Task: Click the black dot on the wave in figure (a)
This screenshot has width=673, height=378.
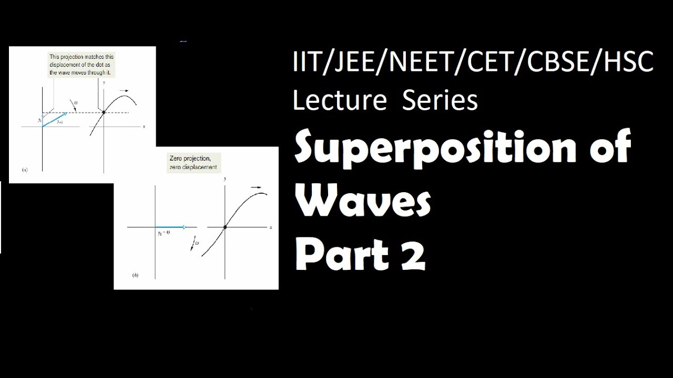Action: [104, 112]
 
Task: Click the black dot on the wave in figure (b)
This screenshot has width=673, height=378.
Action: [225, 227]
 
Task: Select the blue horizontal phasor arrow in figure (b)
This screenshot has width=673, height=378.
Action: [170, 227]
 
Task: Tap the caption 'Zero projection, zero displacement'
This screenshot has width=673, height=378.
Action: [193, 162]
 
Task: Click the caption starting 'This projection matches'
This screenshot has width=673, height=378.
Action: [81, 65]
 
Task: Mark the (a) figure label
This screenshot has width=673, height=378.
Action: [25, 170]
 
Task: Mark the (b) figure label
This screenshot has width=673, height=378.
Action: [136, 275]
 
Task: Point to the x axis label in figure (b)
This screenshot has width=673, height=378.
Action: [271, 227]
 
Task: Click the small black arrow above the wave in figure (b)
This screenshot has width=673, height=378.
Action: [256, 187]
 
